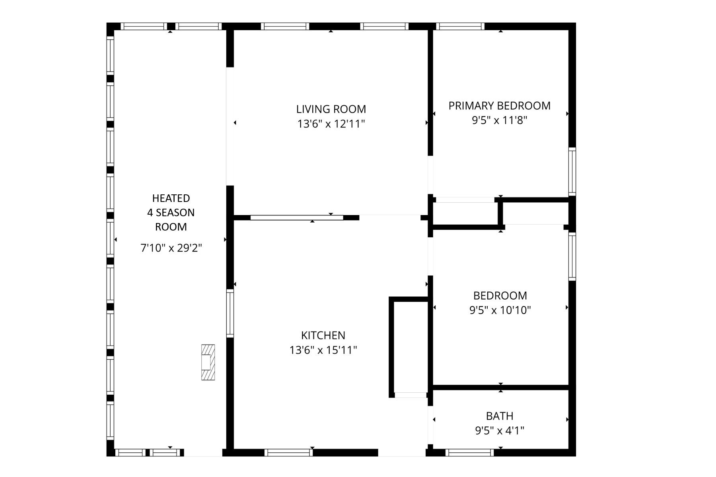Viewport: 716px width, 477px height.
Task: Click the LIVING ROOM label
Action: tap(331, 109)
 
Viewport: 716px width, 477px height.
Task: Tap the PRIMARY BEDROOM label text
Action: tap(499, 106)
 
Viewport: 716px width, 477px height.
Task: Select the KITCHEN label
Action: tap(323, 335)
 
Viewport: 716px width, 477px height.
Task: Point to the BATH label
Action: tap(500, 416)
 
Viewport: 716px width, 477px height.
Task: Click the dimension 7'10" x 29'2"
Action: tap(171, 248)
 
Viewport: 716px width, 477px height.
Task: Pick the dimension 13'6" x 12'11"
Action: tap(331, 124)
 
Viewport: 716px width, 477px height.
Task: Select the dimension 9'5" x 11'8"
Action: tap(499, 120)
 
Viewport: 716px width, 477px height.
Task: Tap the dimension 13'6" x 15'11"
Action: tap(323, 350)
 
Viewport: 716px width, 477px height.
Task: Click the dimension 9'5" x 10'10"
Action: tap(500, 310)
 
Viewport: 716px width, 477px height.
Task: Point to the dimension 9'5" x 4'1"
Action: tap(500, 430)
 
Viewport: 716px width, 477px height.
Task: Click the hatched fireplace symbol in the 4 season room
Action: tap(208, 362)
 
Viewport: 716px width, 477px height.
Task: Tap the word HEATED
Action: tap(171, 198)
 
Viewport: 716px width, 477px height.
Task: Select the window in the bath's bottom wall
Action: tap(469, 452)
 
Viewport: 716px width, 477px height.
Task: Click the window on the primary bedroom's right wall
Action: tap(572, 171)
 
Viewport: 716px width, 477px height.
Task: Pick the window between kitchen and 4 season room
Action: tap(230, 313)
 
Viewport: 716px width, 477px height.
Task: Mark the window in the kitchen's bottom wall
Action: tap(288, 452)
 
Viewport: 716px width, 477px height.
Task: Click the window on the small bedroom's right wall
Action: tap(572, 256)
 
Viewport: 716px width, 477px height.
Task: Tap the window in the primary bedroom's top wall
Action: tap(460, 27)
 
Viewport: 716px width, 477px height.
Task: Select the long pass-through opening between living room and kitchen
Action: tap(296, 218)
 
